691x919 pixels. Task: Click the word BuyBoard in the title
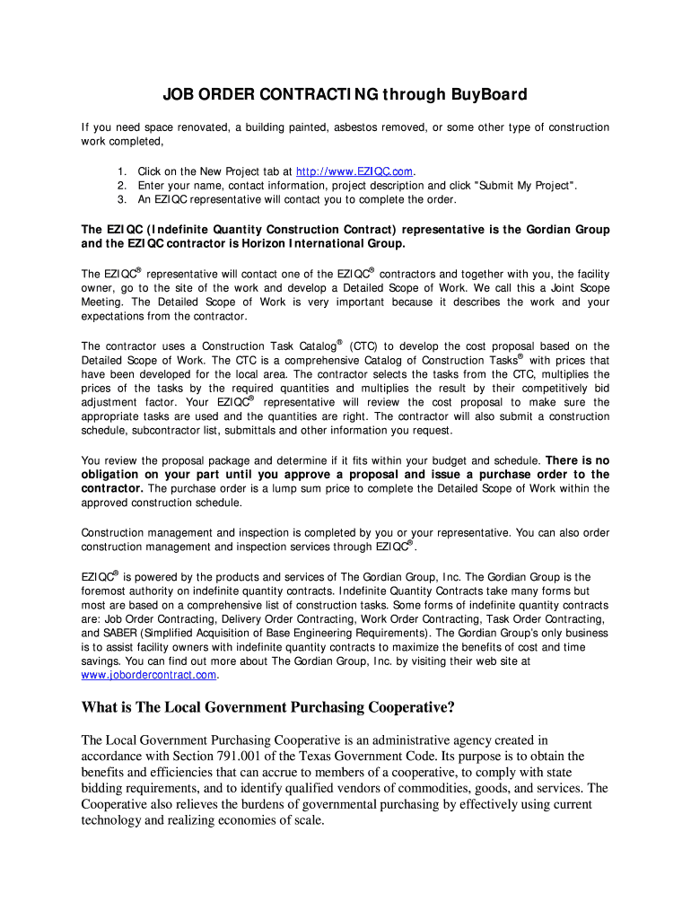(489, 94)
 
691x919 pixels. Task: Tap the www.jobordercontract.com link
(149, 675)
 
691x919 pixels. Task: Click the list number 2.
(121, 186)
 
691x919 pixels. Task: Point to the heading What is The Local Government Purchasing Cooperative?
(268, 707)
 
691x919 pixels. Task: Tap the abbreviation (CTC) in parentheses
(363, 346)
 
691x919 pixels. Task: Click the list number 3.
(121, 199)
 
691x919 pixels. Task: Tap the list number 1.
(121, 171)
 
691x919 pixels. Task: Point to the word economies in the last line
(237, 821)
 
